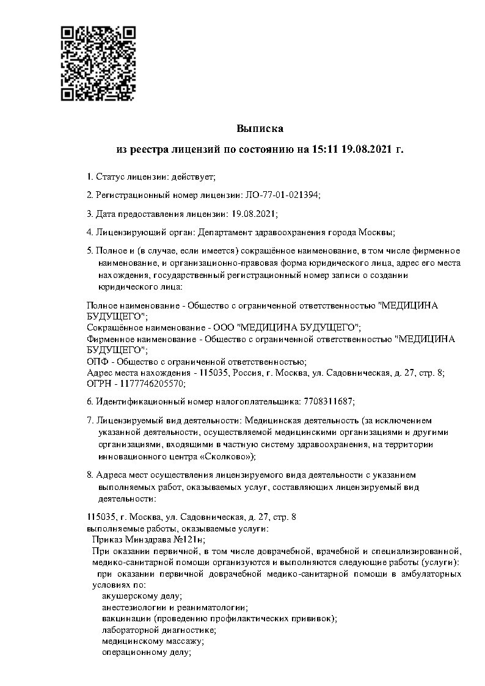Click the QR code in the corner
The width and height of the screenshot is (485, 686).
[x=98, y=63]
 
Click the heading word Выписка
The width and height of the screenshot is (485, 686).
[x=260, y=128]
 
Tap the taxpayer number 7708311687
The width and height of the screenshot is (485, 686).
[x=327, y=401]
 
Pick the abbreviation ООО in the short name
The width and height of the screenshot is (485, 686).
[x=222, y=327]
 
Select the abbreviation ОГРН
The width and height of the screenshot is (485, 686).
[x=98, y=383]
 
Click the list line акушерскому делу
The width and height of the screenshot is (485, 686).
[x=142, y=595]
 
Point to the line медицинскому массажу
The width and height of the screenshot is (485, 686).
[x=152, y=641]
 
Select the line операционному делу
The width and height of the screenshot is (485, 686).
[x=147, y=652]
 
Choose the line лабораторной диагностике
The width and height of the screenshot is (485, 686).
[x=158, y=630]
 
